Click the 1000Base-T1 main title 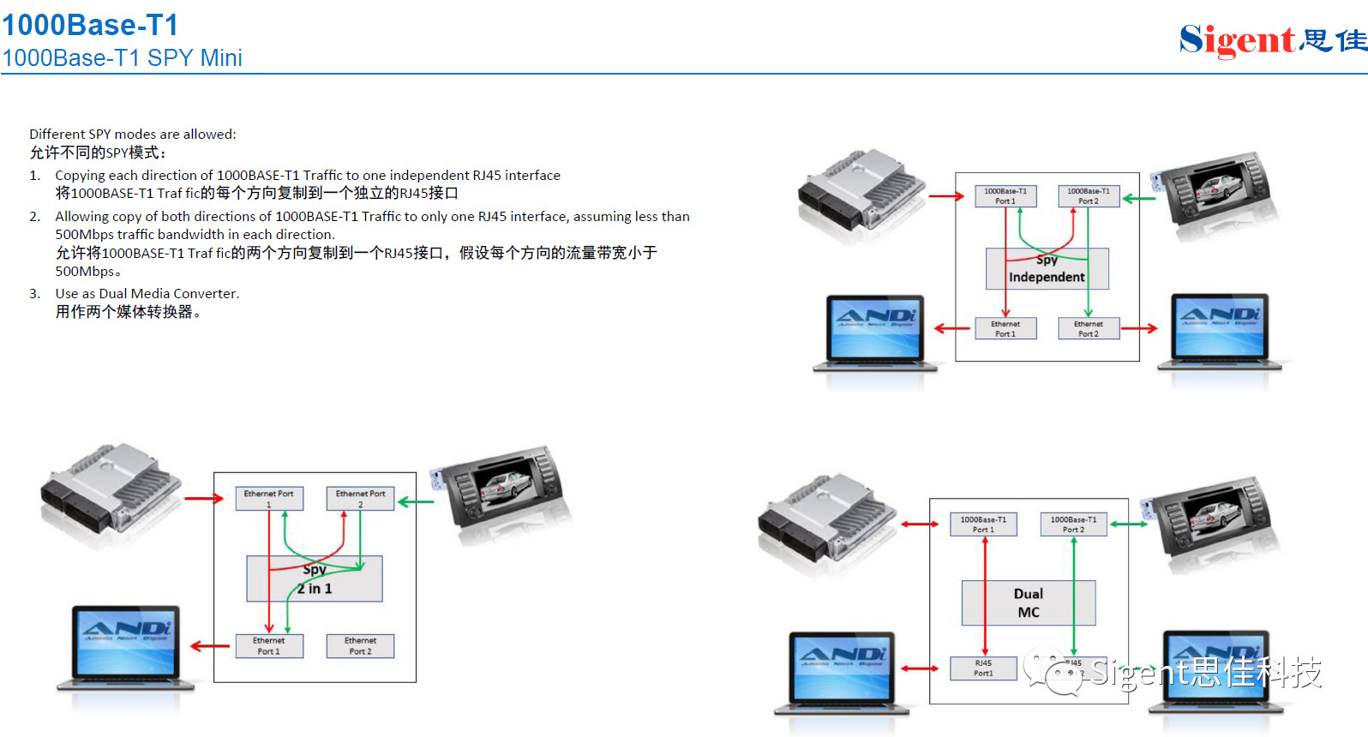pos(90,25)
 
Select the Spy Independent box pos(1047,269)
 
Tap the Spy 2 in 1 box pos(314,579)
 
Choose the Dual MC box pos(1028,602)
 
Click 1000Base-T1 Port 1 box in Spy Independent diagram pos(1005,196)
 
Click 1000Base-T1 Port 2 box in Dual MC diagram pos(1073,524)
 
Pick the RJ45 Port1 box pos(983,668)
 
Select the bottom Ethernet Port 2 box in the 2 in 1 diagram pos(360,646)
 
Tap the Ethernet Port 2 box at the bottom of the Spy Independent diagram pos(1088,329)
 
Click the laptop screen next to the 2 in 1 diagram pos(127,642)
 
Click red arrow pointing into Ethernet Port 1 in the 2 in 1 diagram pos(204,499)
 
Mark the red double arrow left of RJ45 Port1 pos(920,668)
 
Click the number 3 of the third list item pos(34,294)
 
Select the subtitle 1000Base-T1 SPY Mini pos(122,58)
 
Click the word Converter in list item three pos(206,294)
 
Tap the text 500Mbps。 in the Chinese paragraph pos(88,272)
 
